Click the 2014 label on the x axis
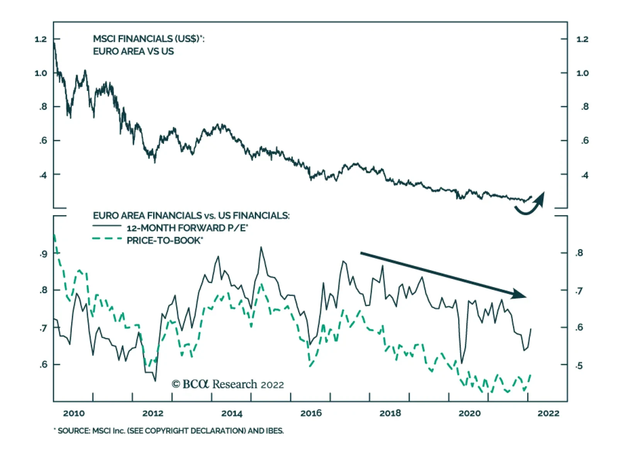pos(232,413)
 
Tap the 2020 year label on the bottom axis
pos(469,413)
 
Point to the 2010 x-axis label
pos(74,413)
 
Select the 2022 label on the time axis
pos(548,413)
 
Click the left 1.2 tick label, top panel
pos(41,39)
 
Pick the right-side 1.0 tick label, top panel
pos(582,73)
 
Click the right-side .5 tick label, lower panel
pos(579,366)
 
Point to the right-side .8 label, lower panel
pos(579,253)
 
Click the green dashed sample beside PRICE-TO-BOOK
pos(107,239)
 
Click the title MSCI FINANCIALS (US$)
pos(148,39)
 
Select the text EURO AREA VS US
pos(133,51)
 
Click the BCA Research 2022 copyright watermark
pos(228,384)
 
